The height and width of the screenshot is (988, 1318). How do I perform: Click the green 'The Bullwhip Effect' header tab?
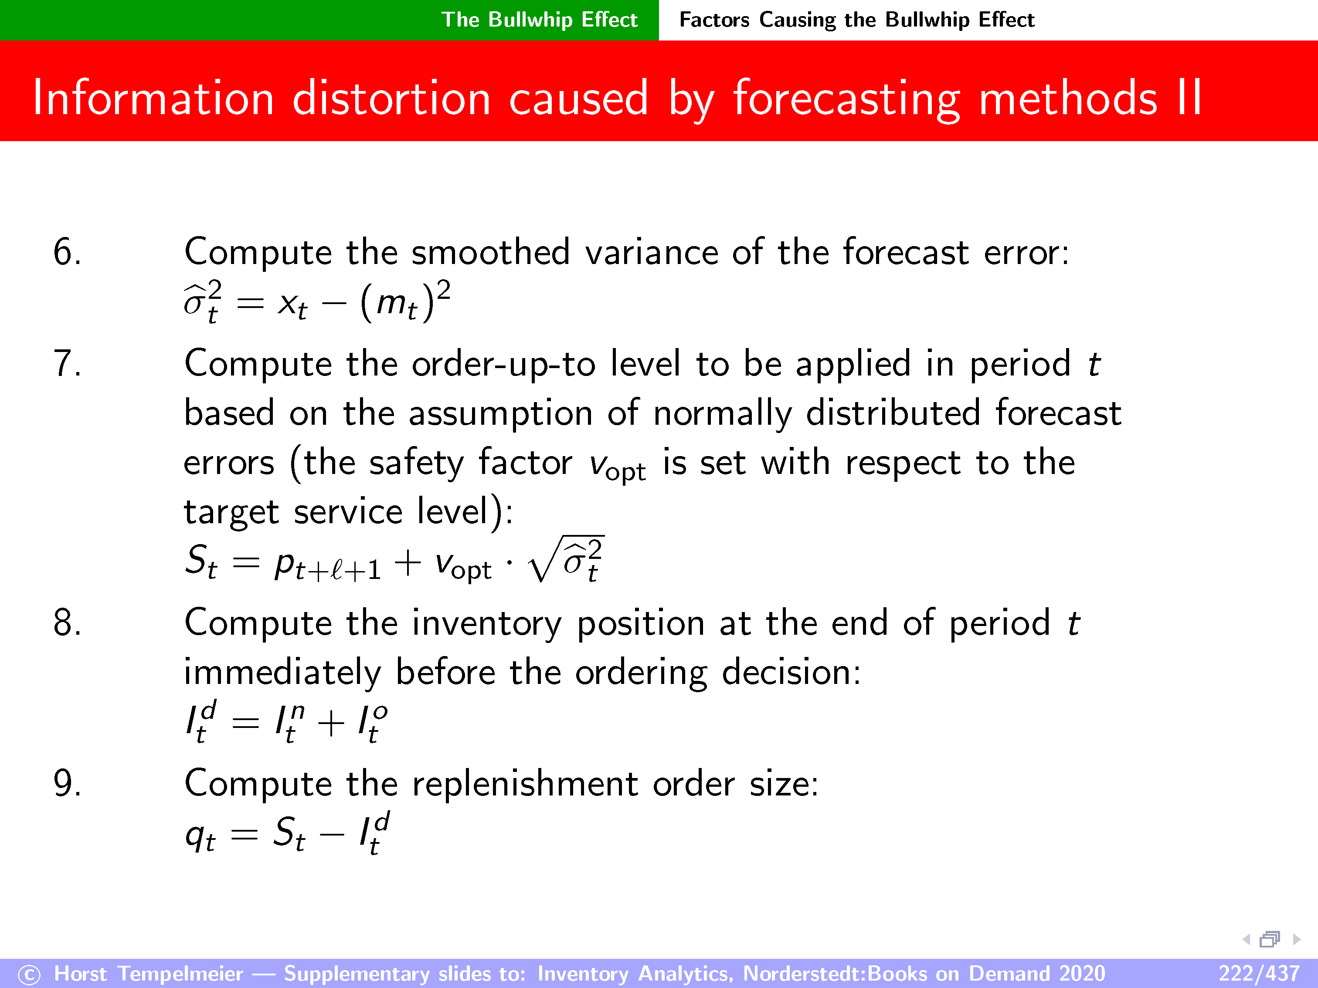[x=539, y=20]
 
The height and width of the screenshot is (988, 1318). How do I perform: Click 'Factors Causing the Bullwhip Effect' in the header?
[x=857, y=20]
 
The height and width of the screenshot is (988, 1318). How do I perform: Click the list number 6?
[x=67, y=252]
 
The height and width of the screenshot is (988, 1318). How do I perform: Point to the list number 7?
[x=67, y=363]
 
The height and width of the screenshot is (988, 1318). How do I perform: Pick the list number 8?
[x=67, y=623]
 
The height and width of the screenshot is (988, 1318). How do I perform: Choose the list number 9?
[x=67, y=783]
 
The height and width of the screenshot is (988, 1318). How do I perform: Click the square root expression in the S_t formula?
[x=566, y=559]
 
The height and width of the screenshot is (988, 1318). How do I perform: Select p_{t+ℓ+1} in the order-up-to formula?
[x=327, y=565]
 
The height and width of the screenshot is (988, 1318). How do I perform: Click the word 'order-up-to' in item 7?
[x=503, y=365]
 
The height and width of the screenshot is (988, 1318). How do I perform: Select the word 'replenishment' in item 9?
[x=525, y=784]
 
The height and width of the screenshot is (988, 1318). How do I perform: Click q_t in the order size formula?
[x=200, y=835]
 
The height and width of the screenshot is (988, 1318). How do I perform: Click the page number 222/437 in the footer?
[x=1258, y=973]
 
